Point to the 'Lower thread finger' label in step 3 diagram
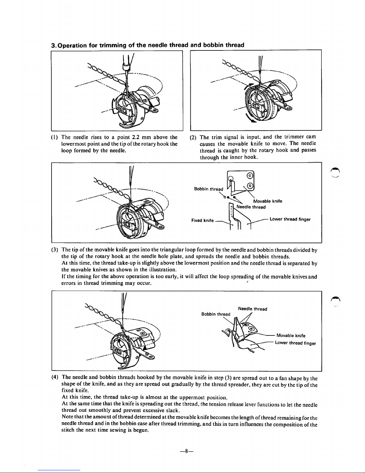tap(290, 219)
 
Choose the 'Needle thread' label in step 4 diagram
tap(252, 309)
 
